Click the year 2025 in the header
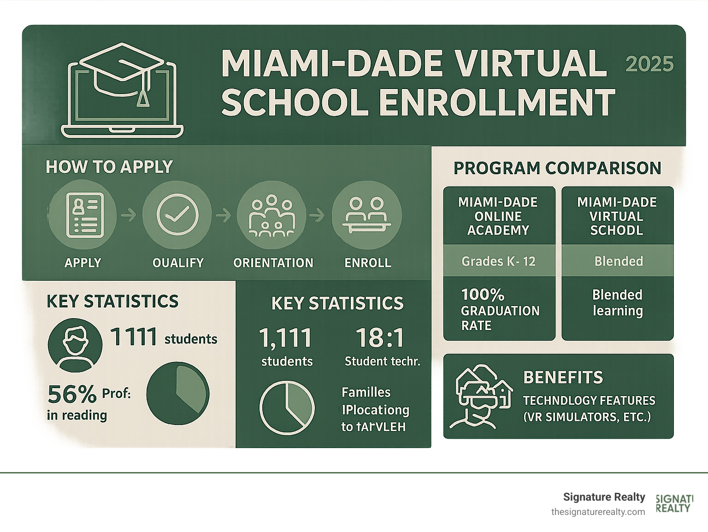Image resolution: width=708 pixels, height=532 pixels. tap(649, 64)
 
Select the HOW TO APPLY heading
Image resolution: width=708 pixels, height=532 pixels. tap(109, 166)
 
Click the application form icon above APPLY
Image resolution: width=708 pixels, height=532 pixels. tap(83, 215)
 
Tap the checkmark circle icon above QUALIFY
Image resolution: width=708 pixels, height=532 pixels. tap(177, 215)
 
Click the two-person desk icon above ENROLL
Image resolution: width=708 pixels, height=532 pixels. tap(367, 215)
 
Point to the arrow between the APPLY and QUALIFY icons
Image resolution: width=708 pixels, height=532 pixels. tap(129, 215)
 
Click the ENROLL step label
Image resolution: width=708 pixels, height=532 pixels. tap(368, 263)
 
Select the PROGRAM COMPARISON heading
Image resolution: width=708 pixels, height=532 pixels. tap(557, 168)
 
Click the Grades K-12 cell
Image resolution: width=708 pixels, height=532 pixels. tap(499, 261)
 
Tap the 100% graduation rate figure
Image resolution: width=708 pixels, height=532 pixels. tap(483, 295)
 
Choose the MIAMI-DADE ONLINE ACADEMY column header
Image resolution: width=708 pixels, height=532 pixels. tap(498, 216)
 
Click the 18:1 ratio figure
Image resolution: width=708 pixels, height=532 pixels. tap(380, 338)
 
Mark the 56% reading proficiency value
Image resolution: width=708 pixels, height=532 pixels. tap(72, 394)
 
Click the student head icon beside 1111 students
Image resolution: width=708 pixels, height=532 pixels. tap(75, 345)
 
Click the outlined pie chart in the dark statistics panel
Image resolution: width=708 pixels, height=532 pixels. tap(287, 408)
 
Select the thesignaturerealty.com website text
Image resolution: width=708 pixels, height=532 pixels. tap(598, 512)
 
